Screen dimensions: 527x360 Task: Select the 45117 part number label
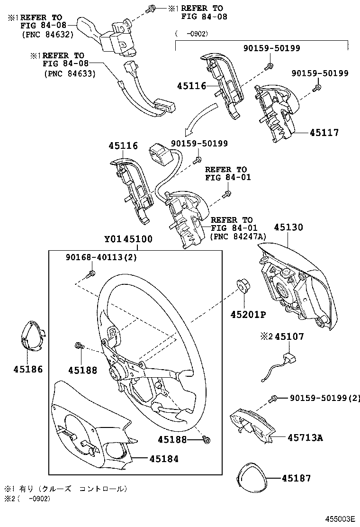tap(324, 133)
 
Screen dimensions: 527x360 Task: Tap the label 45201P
tap(248, 315)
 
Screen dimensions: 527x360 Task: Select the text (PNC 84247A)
tap(239, 237)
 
